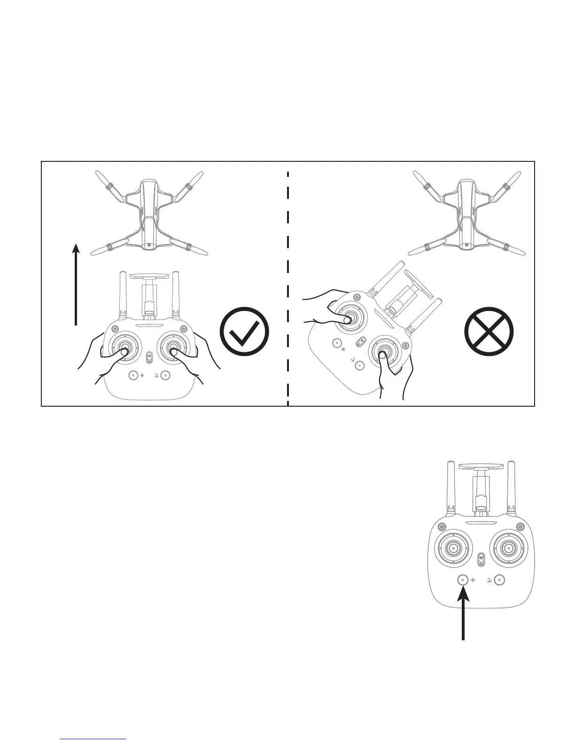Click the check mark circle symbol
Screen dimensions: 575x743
click(244, 332)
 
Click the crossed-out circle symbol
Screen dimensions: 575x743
click(489, 331)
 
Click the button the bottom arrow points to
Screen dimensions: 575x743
click(463, 580)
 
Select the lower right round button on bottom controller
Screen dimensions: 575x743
click(499, 580)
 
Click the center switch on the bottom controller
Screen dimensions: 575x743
click(481, 560)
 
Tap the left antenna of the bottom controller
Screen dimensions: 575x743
click(449, 488)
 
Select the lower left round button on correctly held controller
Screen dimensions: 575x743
click(133, 375)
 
